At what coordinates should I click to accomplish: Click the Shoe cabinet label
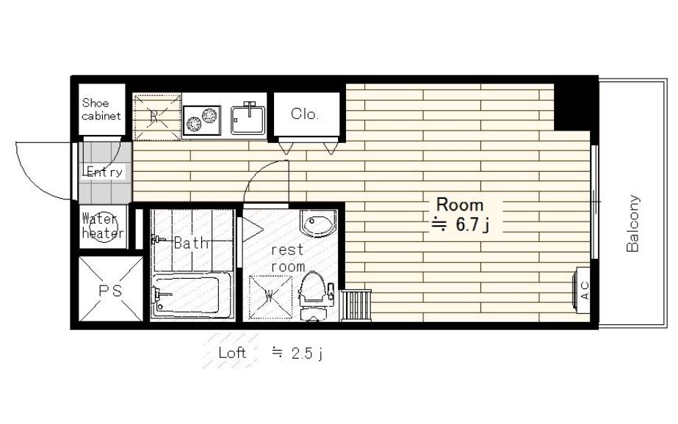pyautogui.click(x=101, y=109)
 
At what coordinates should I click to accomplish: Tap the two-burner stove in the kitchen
pyautogui.click(x=201, y=119)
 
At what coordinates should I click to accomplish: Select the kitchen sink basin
pyautogui.click(x=248, y=119)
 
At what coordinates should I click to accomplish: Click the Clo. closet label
pyautogui.click(x=305, y=114)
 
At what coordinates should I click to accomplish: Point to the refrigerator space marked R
pyautogui.click(x=157, y=117)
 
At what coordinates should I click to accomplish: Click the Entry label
pyautogui.click(x=104, y=172)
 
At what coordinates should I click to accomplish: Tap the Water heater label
pyautogui.click(x=103, y=226)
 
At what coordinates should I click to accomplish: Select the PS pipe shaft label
pyautogui.click(x=110, y=290)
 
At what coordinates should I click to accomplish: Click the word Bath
pyautogui.click(x=191, y=243)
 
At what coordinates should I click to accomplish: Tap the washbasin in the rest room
pyautogui.click(x=319, y=223)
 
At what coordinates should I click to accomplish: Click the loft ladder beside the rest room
pyautogui.click(x=356, y=305)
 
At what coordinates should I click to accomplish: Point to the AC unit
pyautogui.click(x=582, y=290)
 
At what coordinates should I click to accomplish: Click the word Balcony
pyautogui.click(x=632, y=223)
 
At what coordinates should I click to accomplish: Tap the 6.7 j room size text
pyautogui.click(x=461, y=224)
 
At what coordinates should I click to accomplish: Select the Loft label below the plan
pyautogui.click(x=232, y=353)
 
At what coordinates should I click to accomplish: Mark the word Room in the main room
pyautogui.click(x=460, y=204)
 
